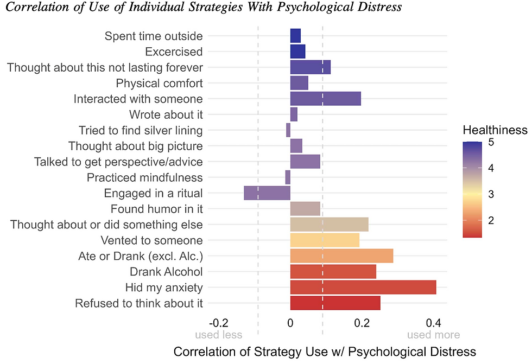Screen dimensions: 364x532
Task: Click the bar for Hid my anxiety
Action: [x=363, y=287]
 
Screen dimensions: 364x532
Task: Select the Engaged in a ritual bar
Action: [x=267, y=193]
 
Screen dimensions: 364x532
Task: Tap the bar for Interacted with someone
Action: [x=325, y=99]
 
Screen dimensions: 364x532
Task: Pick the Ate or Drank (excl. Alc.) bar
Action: [x=341, y=256]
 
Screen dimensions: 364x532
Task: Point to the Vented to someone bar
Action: [x=325, y=240]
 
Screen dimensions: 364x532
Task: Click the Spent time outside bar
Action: [x=295, y=36]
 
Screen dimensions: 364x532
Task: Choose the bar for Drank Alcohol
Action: [x=333, y=271]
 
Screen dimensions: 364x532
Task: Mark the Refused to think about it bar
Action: [x=335, y=303]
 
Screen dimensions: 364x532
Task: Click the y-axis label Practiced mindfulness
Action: [x=144, y=177]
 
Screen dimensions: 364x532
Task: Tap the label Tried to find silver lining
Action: [x=141, y=130]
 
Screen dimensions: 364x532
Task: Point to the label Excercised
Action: [x=174, y=52]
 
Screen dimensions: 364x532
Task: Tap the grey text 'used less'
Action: [x=218, y=335]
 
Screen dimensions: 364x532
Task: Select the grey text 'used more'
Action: [x=433, y=335]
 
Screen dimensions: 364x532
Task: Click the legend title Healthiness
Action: [x=495, y=130]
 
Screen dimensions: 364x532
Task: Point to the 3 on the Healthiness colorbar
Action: [x=490, y=194]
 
